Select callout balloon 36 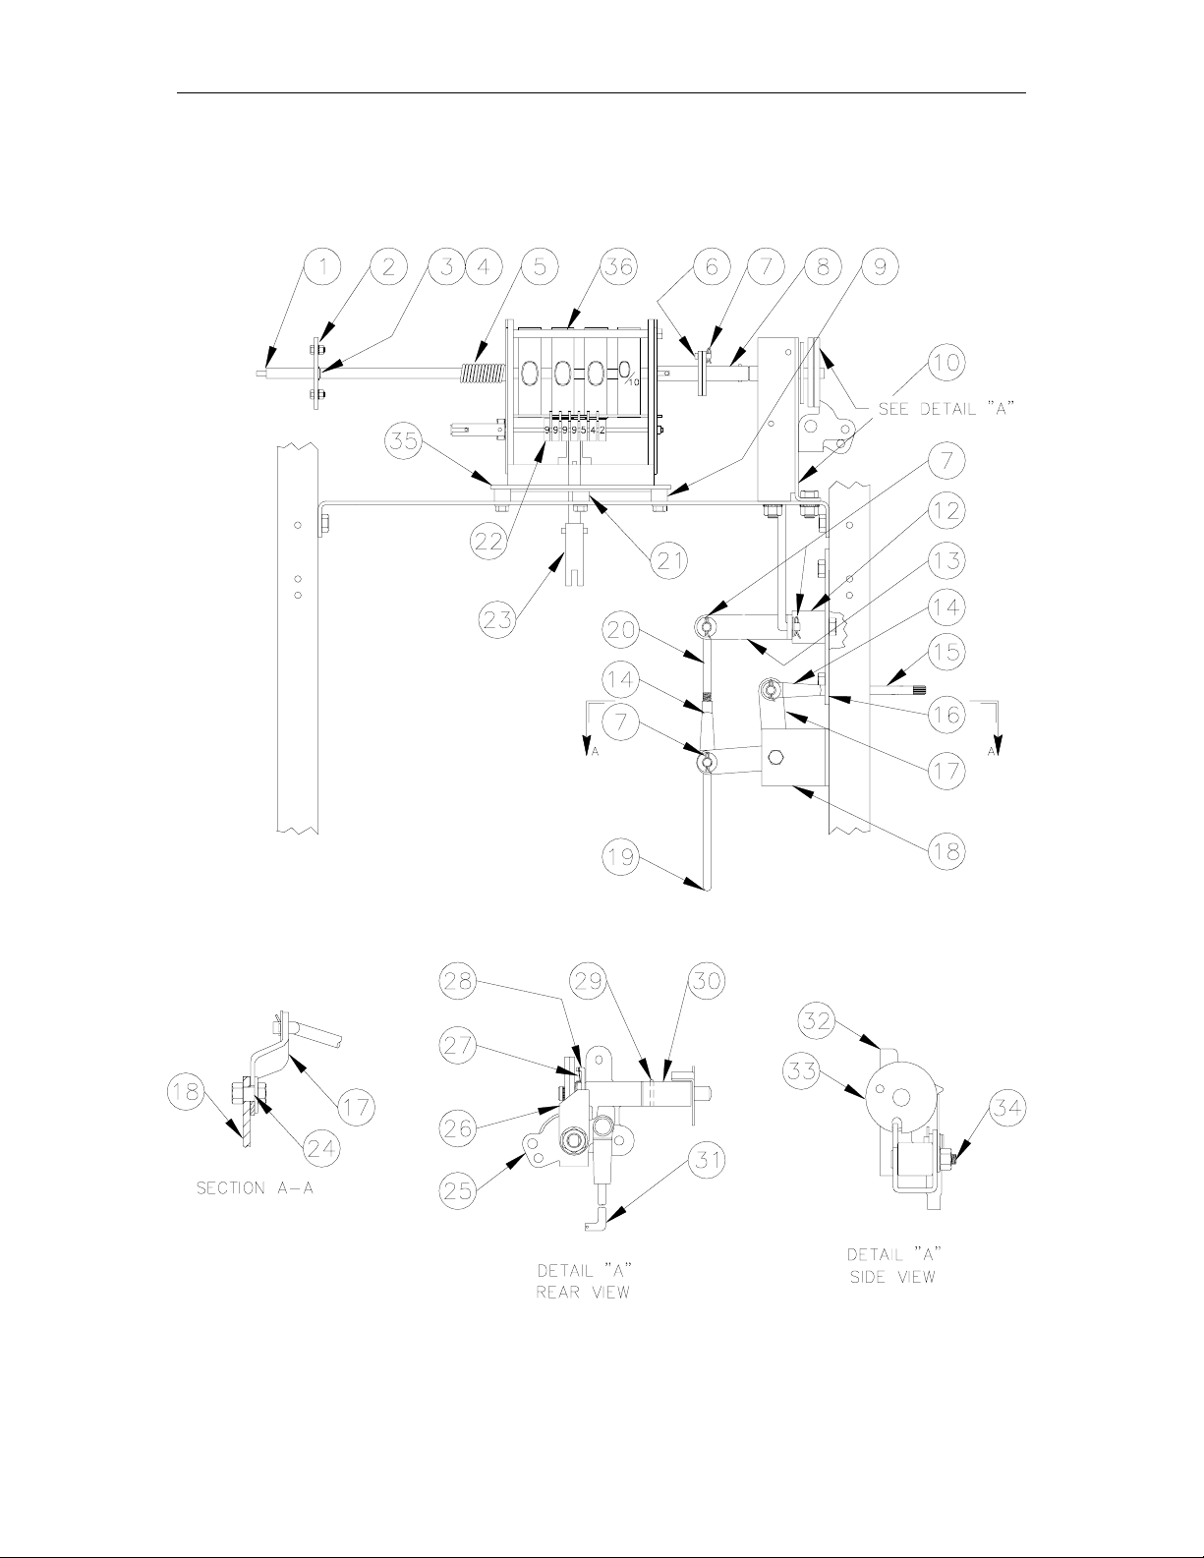tap(618, 266)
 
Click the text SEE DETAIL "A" tap(946, 409)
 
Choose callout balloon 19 tap(621, 856)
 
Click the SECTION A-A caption tap(256, 1188)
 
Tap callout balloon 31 tap(708, 1159)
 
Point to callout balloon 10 tap(946, 362)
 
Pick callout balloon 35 tap(405, 441)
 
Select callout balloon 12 tap(946, 511)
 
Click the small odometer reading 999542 tap(576, 431)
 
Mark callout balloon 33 tap(802, 1070)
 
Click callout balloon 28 tap(459, 980)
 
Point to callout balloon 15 tap(946, 652)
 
